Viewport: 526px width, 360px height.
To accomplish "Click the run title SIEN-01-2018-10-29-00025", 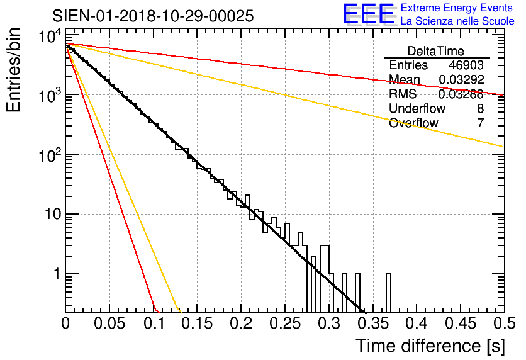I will click(x=153, y=16).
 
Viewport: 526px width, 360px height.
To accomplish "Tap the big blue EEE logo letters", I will click(x=367, y=14).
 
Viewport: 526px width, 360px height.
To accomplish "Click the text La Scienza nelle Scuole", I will click(x=457, y=21).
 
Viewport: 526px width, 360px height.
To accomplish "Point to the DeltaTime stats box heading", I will click(x=436, y=51).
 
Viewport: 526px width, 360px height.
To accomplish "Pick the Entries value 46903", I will click(x=466, y=65).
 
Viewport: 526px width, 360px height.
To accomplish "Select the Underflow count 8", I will click(x=480, y=109).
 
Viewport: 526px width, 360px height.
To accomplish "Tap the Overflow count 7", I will click(x=480, y=123).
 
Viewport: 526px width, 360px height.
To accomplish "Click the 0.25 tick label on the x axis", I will click(x=284, y=323).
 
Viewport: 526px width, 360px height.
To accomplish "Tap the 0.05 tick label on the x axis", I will click(x=109, y=323).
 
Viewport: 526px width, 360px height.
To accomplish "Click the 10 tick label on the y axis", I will click(x=50, y=215).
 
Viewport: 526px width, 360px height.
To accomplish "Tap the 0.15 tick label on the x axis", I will click(x=197, y=323).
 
